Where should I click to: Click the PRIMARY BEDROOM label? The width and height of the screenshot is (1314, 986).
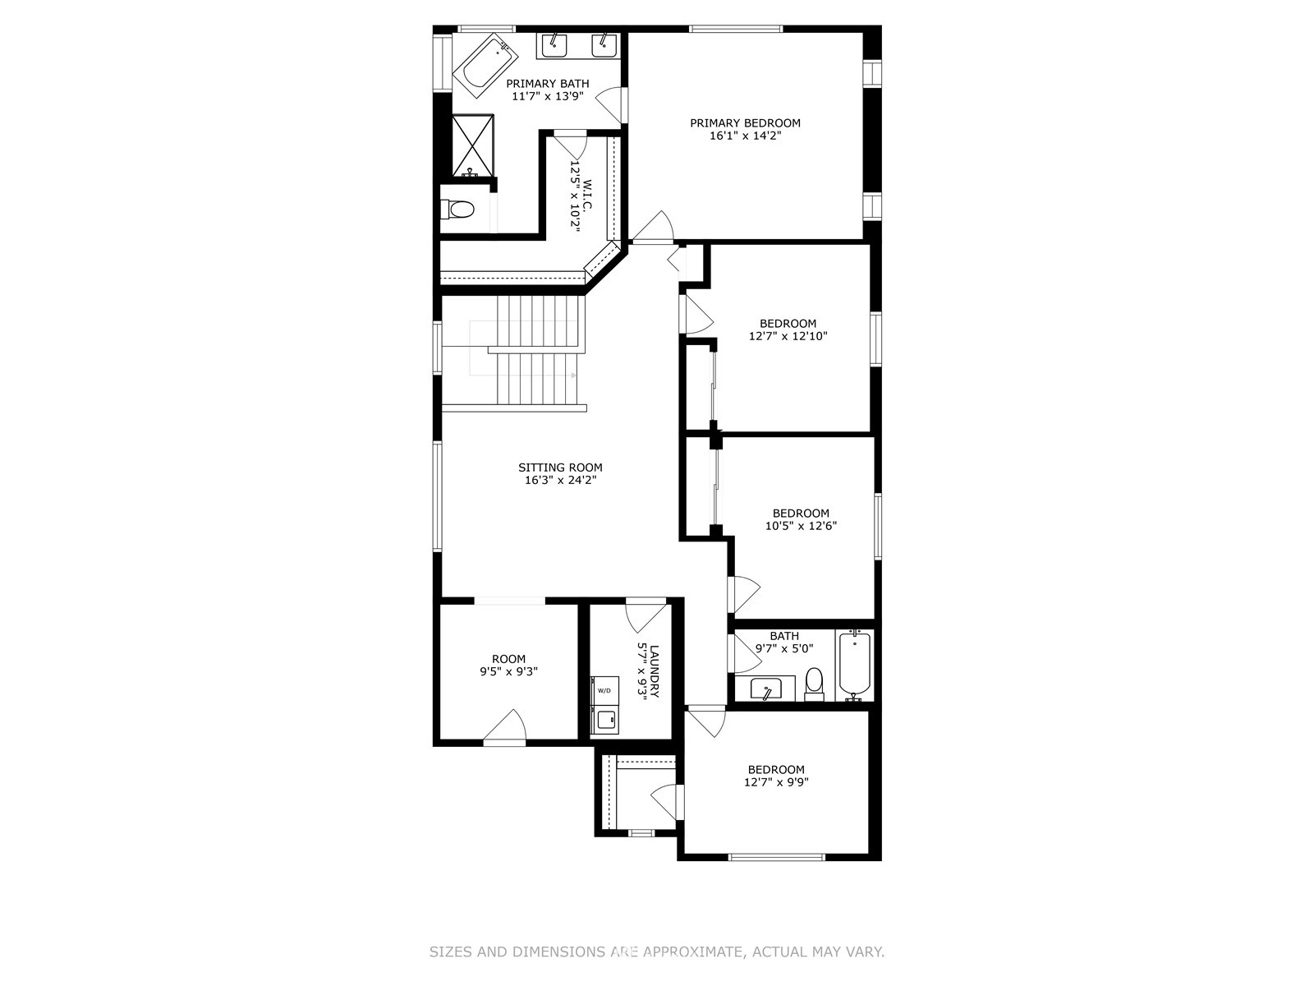(x=745, y=123)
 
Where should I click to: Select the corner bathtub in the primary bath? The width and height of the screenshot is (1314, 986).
(x=486, y=66)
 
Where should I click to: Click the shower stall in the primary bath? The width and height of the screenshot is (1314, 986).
(x=474, y=145)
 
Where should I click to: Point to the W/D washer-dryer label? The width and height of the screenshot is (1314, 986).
(x=604, y=691)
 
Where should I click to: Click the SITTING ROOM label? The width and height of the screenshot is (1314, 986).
(x=560, y=468)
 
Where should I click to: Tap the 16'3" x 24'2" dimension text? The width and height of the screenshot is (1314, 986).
(x=560, y=480)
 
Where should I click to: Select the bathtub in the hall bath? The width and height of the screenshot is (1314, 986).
(x=854, y=665)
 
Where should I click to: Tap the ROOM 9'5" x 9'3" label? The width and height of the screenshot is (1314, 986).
(x=509, y=665)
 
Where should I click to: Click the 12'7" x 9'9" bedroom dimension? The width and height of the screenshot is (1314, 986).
(x=776, y=782)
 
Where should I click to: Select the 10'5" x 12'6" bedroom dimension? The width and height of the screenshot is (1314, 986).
(x=801, y=526)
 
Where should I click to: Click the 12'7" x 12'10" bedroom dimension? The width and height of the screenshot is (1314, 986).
(x=788, y=336)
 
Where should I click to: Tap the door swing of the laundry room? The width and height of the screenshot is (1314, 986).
(x=646, y=615)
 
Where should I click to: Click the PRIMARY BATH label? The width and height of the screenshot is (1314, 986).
(x=548, y=84)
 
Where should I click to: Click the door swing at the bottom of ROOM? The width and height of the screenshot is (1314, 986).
(x=504, y=727)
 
